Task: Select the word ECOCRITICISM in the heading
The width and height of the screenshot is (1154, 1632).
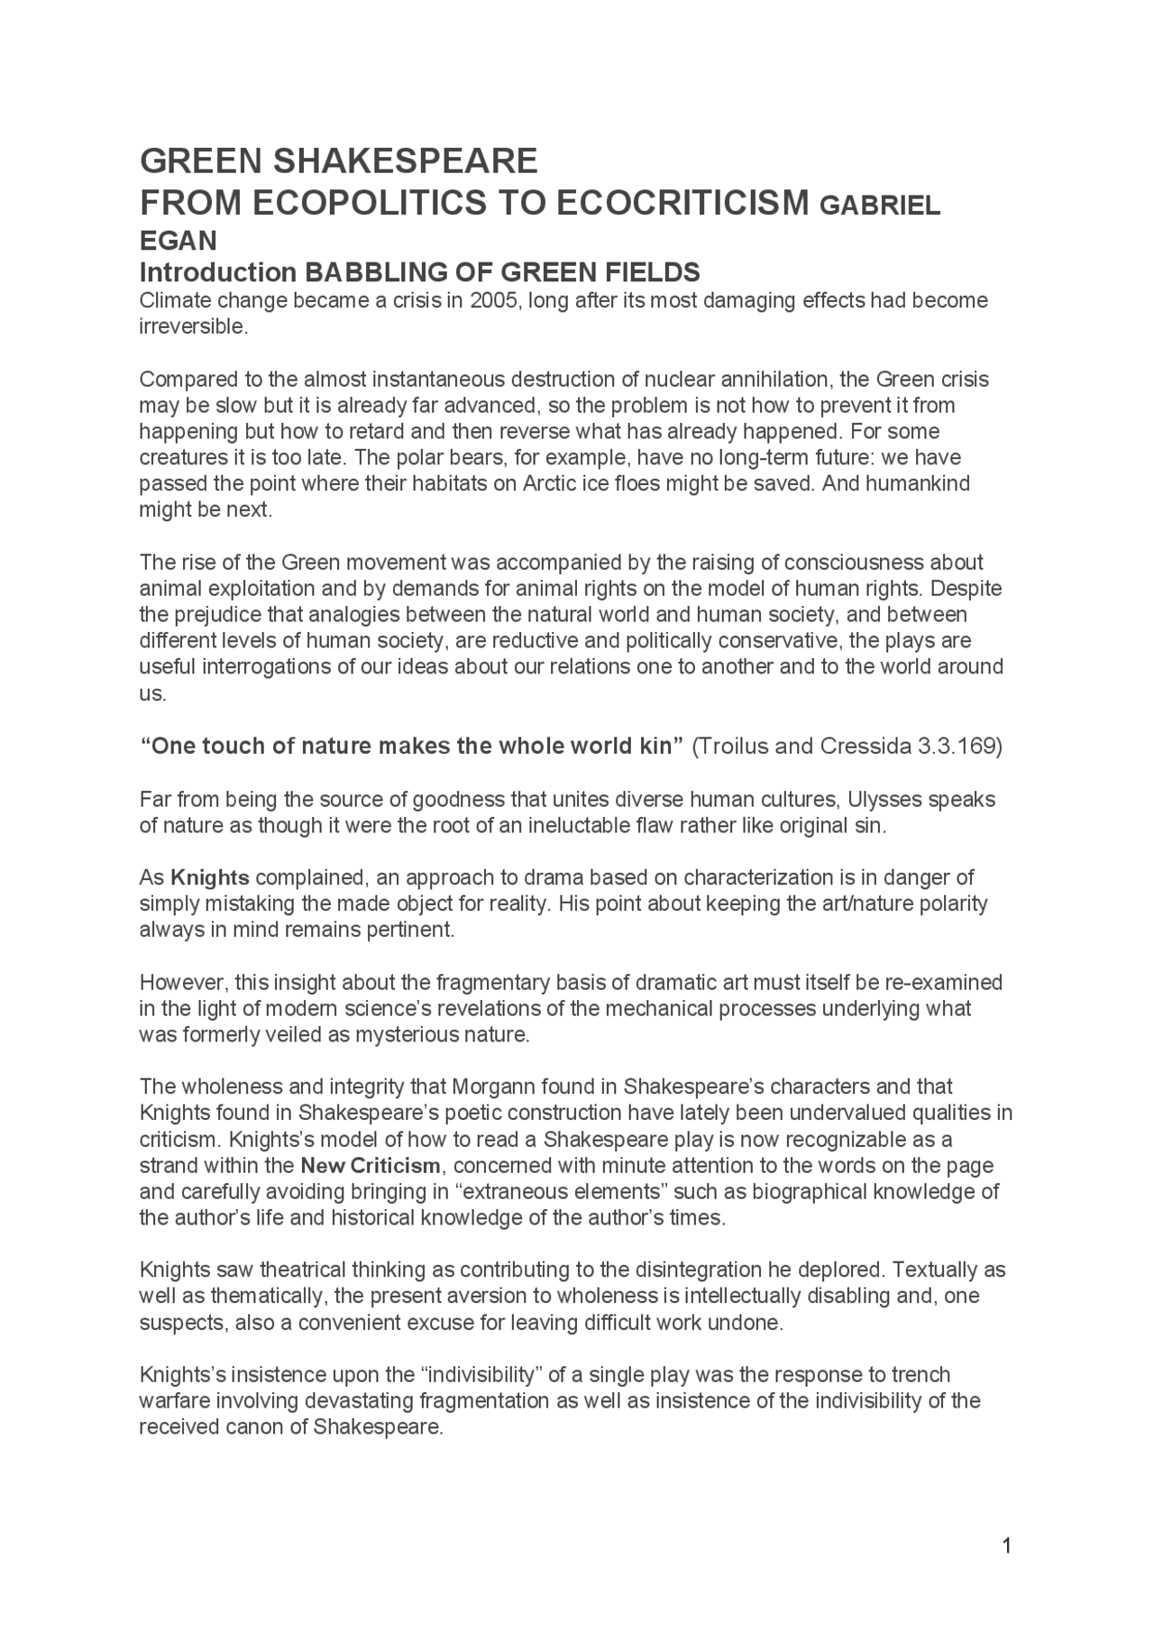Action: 682,204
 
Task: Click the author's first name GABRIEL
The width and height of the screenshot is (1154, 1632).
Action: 879,206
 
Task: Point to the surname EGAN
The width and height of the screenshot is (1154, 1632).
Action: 178,241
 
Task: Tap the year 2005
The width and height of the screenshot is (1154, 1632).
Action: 492,300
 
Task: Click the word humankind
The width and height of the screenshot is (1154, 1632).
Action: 918,483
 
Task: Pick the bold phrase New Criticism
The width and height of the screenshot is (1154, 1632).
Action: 371,1166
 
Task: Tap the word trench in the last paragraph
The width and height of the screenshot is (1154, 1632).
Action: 920,1375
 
